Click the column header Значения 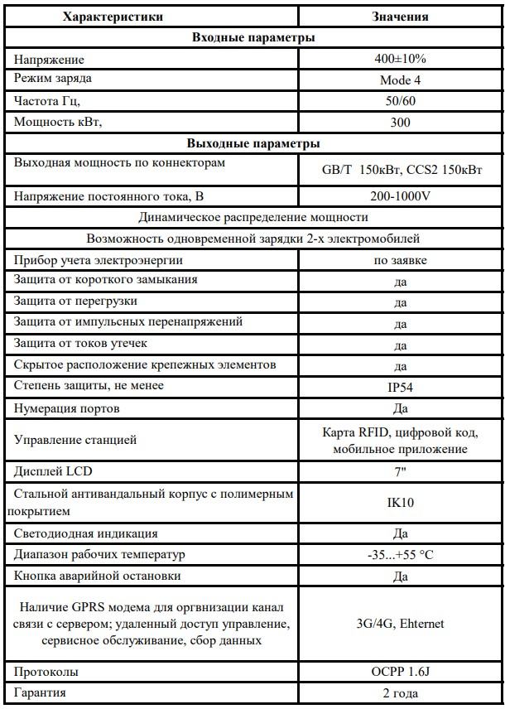401,17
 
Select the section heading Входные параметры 252,37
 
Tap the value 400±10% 401,59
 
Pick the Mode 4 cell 401,80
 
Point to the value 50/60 401,100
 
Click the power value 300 401,122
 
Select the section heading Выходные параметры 252,142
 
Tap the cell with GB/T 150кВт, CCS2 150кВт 401,170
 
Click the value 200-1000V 401,196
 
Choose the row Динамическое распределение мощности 252,217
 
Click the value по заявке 401,260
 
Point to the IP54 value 401,387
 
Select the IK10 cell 401,503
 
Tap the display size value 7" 401,471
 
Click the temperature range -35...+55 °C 401,555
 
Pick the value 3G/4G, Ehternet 401,623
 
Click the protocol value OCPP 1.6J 401,672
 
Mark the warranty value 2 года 401,692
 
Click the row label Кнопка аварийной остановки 97,576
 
